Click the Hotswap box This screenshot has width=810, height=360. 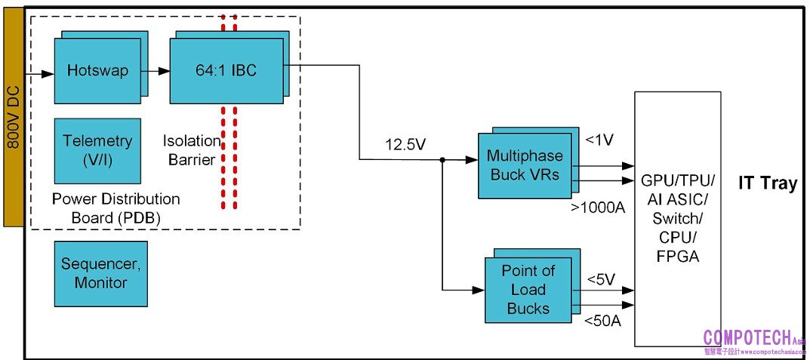click(97, 71)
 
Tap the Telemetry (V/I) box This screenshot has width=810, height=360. click(97, 149)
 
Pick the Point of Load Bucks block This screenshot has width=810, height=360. click(528, 290)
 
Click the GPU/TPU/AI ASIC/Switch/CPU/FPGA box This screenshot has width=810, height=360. click(677, 219)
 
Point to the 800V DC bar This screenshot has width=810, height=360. click(13, 114)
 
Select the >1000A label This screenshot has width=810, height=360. click(598, 207)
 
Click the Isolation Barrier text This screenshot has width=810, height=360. click(192, 149)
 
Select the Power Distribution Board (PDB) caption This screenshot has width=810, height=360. click(116, 208)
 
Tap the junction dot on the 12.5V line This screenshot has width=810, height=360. click(442, 159)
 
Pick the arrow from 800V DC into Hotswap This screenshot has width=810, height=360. click(40, 74)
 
